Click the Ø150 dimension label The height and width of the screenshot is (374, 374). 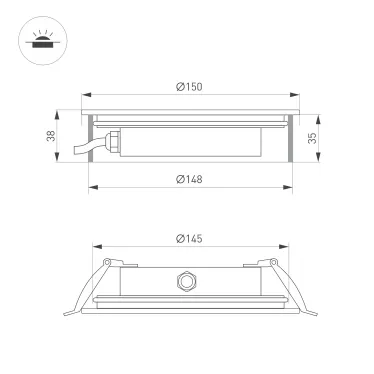(190, 88)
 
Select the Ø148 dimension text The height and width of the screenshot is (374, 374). (190, 179)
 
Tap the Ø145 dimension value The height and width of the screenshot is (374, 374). (190, 238)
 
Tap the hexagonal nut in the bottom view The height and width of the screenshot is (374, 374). (186, 280)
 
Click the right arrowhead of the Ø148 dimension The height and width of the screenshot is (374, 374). (296, 187)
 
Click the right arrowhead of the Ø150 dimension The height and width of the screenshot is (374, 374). (298, 96)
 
